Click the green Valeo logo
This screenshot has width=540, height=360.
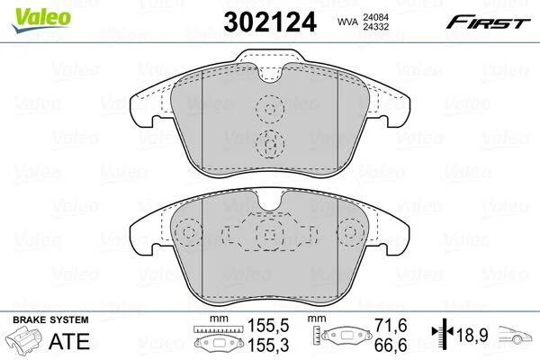[41, 20]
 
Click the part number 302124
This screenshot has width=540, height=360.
[270, 22]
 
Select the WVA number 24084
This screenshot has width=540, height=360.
[375, 16]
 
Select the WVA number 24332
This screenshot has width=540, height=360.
[375, 26]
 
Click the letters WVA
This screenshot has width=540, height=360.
[347, 22]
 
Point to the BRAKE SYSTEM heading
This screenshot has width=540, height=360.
[50, 319]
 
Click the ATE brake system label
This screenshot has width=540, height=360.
[69, 341]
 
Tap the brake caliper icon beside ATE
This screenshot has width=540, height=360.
[24, 339]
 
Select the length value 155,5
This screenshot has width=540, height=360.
[268, 325]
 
